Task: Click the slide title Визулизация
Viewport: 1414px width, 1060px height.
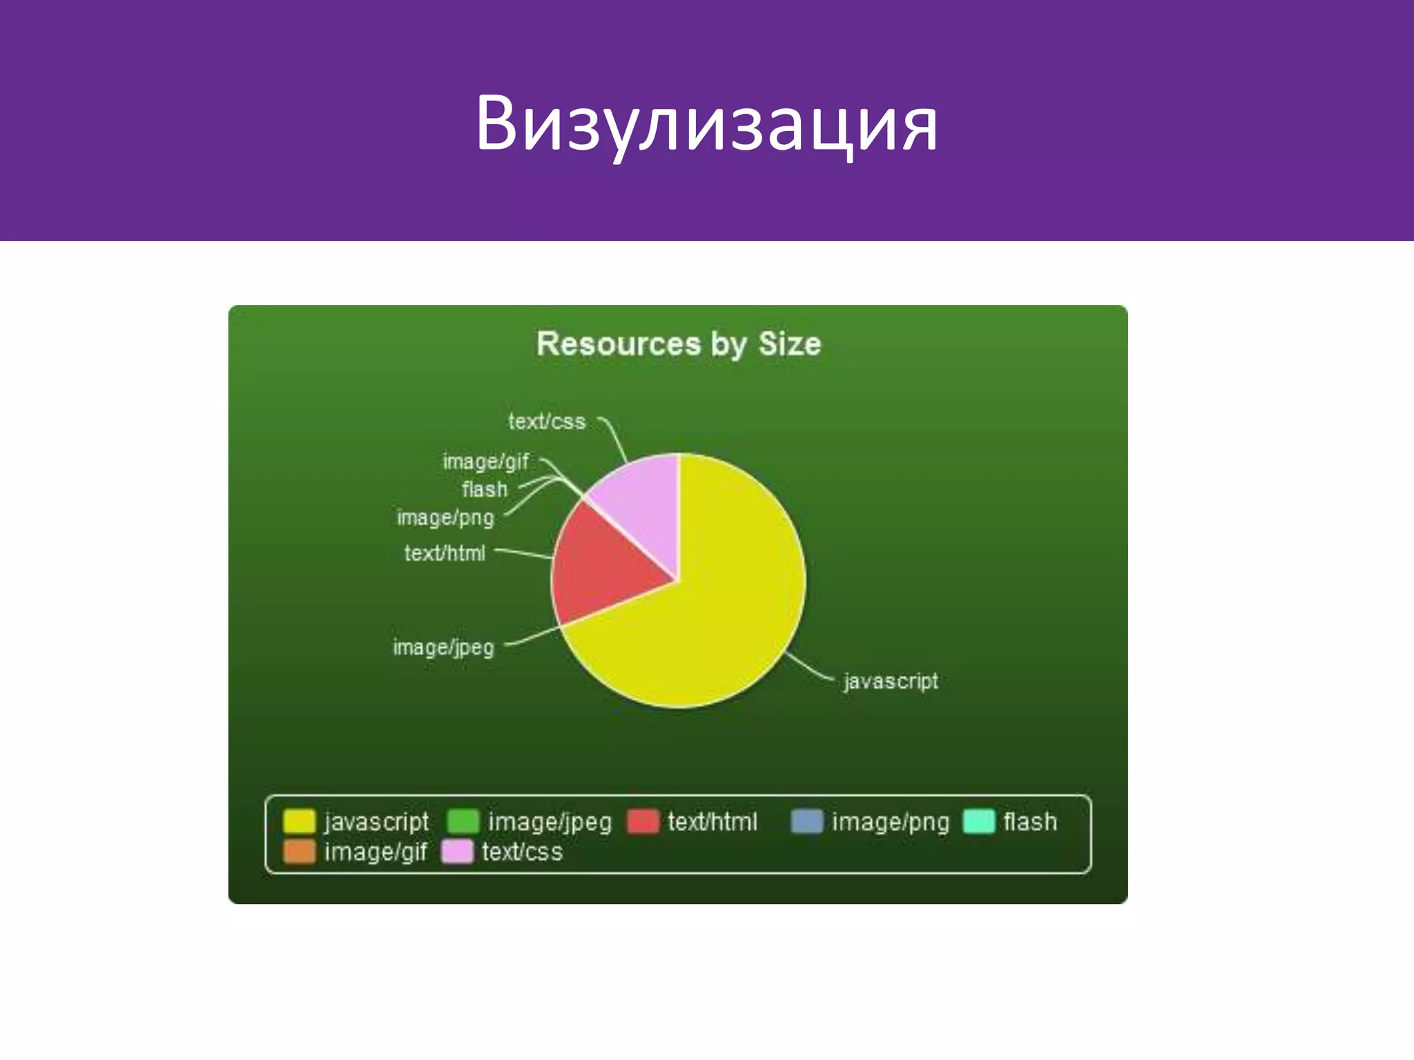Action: point(706,124)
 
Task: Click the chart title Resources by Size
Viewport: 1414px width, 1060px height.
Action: point(679,344)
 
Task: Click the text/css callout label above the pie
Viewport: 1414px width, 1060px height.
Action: point(547,422)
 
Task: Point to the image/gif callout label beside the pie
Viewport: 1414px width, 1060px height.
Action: point(485,462)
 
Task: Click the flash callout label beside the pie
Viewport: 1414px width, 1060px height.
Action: point(484,489)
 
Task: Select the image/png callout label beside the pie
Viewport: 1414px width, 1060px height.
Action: point(445,518)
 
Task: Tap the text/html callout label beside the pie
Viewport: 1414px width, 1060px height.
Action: point(445,553)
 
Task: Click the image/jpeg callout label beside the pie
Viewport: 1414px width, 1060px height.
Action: point(443,647)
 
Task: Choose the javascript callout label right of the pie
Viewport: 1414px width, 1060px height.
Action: point(891,681)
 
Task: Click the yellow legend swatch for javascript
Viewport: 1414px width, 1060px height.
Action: point(299,821)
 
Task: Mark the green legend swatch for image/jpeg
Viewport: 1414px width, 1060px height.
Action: point(463,821)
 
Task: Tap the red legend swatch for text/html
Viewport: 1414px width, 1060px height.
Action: point(643,821)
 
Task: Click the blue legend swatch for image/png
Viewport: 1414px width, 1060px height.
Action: point(806,821)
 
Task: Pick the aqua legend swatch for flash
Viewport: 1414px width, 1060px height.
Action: point(978,821)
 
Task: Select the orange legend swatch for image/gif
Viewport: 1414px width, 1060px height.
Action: point(299,852)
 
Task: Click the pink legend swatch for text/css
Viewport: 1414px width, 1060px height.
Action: point(457,852)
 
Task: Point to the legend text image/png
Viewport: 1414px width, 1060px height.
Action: point(890,822)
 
